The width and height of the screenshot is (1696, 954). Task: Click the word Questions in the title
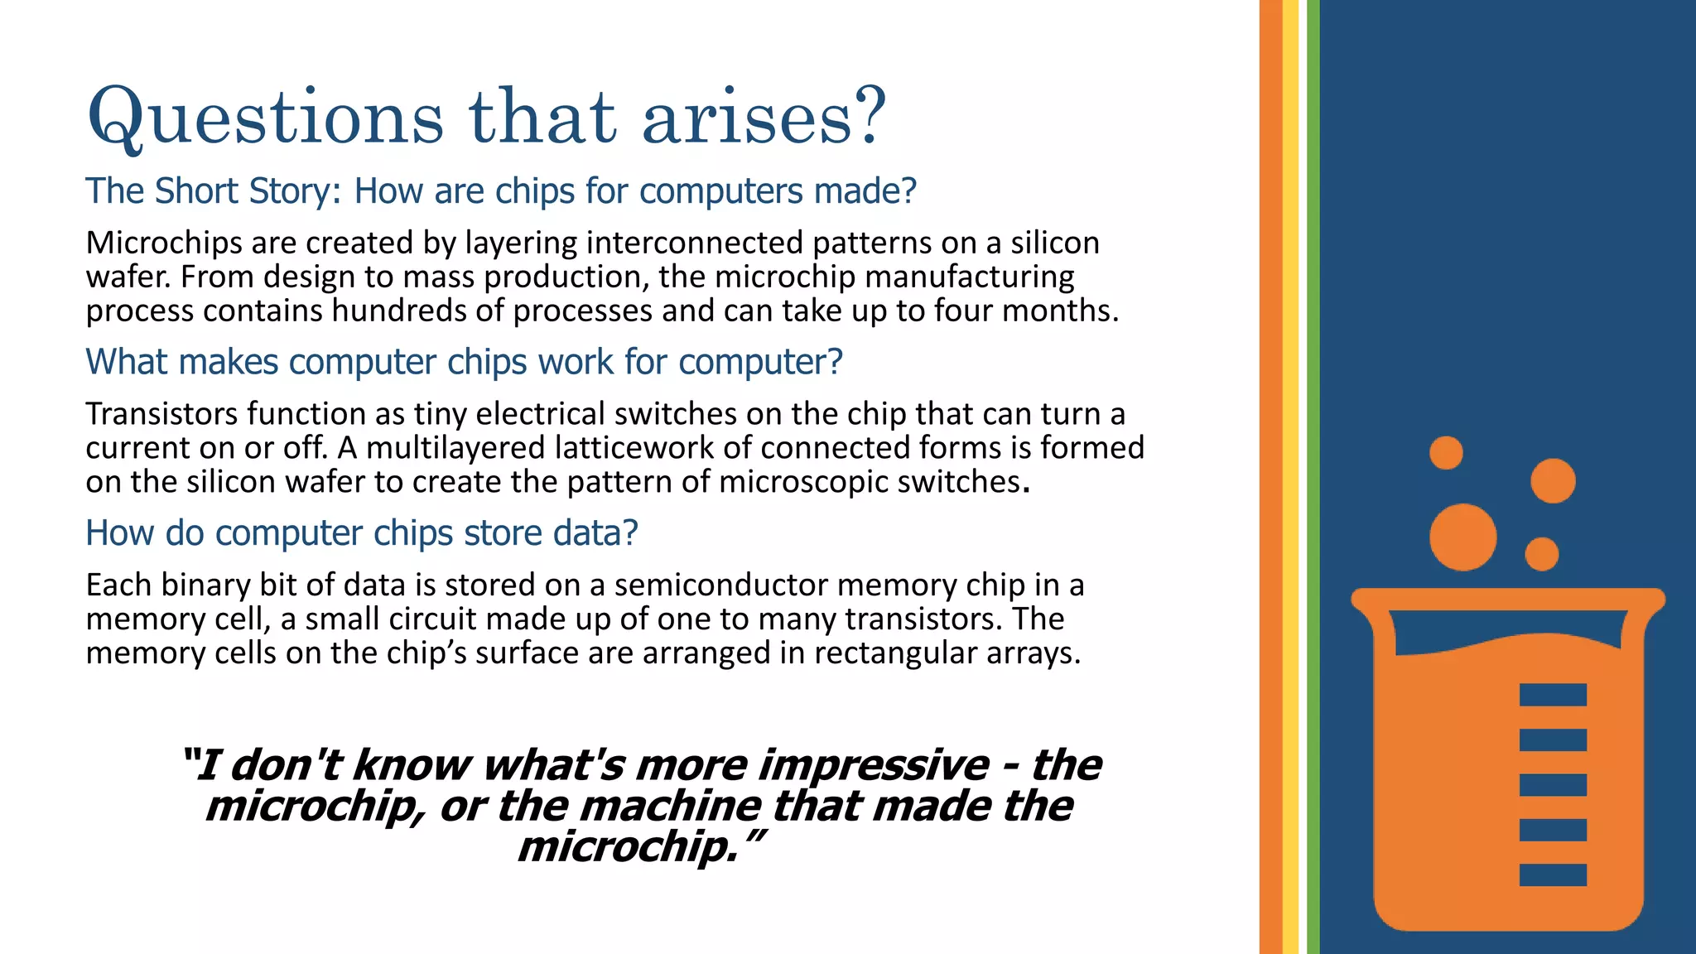(x=265, y=118)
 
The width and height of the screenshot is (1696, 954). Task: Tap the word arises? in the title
(x=764, y=118)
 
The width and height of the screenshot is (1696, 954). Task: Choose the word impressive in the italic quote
(x=873, y=764)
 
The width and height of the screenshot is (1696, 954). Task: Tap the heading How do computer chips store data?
(x=362, y=533)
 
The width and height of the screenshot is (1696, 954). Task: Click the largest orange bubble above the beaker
(x=1462, y=537)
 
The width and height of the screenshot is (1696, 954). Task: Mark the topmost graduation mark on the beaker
(x=1553, y=695)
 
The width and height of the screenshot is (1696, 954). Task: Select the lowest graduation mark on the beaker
(x=1553, y=874)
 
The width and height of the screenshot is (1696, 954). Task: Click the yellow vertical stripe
(x=1290, y=477)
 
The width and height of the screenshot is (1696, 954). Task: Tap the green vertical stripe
(x=1313, y=477)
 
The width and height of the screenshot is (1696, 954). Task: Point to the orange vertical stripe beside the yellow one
(x=1270, y=477)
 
